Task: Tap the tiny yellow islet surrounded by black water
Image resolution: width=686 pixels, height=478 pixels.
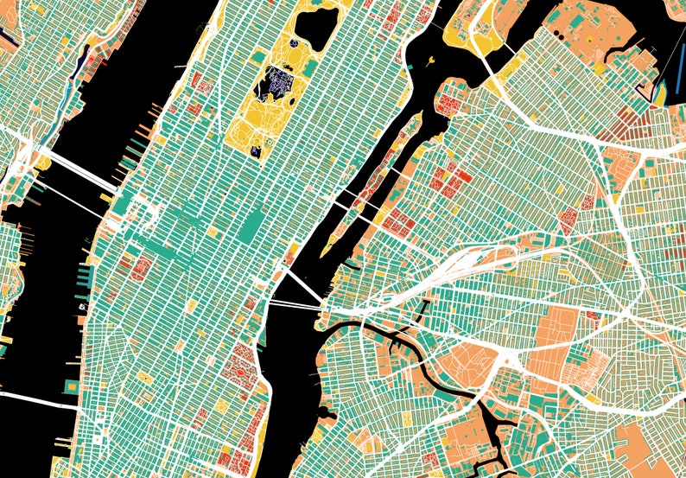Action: pos(430,60)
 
